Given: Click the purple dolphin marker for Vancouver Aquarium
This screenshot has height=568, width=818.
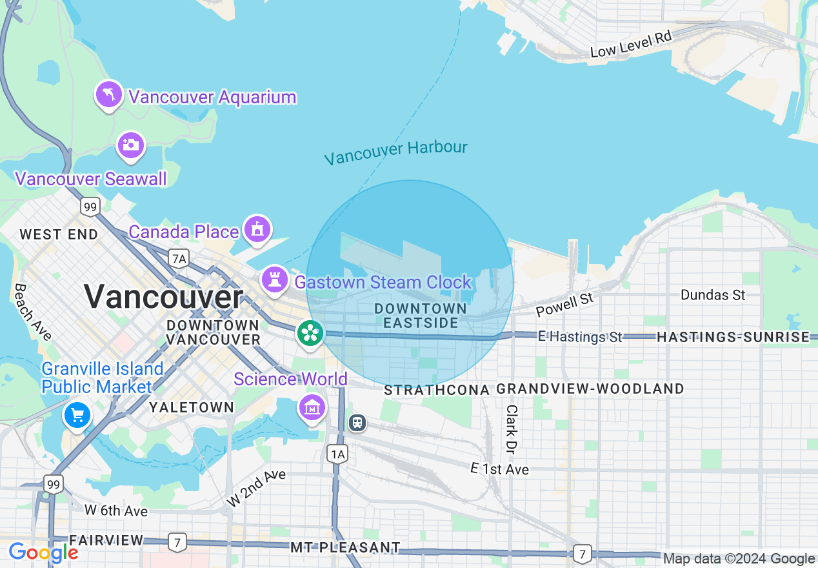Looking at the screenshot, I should coord(109,95).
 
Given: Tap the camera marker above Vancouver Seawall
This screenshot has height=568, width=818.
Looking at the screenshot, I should coord(130,145).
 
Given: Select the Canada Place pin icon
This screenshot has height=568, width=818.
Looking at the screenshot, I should coord(257,229).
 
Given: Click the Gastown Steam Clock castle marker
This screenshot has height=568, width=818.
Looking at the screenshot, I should coord(275,279).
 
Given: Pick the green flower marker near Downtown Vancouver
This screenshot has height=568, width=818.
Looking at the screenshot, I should coord(310,332).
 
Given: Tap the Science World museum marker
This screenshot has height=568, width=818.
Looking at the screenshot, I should coord(312,407).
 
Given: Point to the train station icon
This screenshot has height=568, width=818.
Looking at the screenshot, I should coord(357,423).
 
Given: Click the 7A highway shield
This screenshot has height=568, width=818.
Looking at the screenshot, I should coord(179,259).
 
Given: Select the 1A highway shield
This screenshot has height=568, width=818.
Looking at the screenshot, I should coord(337,454).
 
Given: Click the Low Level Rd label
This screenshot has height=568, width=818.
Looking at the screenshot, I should coord(630,45).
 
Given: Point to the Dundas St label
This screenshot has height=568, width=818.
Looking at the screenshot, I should coord(713,295).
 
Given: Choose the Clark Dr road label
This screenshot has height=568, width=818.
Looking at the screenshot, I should coord(512,430).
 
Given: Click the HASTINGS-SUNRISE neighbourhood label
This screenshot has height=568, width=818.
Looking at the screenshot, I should coord(733,337).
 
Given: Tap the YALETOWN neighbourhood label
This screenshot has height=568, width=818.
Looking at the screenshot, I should coord(192,407).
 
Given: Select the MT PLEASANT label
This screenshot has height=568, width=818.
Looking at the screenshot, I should coord(345,547).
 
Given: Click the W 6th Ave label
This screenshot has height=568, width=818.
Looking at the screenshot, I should coord(116,511).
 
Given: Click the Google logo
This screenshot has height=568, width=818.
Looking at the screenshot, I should coord(43,553).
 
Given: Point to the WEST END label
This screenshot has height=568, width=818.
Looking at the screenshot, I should coord(59,234).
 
